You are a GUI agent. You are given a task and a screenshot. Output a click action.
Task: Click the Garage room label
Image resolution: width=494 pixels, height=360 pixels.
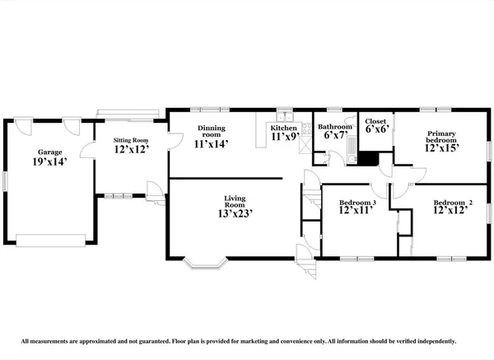[51, 152]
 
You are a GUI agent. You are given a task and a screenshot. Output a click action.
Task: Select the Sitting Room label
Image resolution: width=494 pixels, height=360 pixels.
[129, 141]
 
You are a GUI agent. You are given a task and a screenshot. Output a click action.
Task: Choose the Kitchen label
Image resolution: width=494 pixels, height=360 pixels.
[284, 129]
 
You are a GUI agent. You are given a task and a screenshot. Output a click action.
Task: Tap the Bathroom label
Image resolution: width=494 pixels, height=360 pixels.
[335, 127]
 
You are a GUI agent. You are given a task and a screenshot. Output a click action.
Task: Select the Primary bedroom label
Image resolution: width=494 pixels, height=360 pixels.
[441, 137]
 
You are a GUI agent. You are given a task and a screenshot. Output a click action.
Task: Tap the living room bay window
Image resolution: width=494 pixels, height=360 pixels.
[203, 262]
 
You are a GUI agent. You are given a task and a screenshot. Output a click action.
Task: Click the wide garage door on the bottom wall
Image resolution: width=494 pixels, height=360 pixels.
[51, 240]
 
